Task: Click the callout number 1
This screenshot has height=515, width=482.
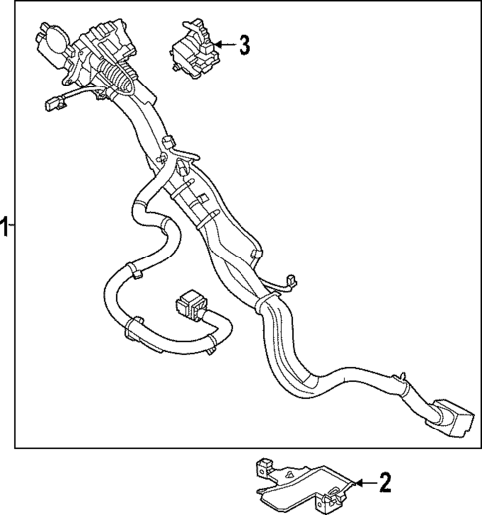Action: point(5,227)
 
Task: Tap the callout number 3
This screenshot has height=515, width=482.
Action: point(244,44)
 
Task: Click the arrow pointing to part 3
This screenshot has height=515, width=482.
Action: point(222,44)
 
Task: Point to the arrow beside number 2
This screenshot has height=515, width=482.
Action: point(359,484)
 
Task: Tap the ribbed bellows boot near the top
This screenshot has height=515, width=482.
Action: point(120,78)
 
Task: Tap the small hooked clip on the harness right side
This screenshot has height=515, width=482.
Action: point(290,283)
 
